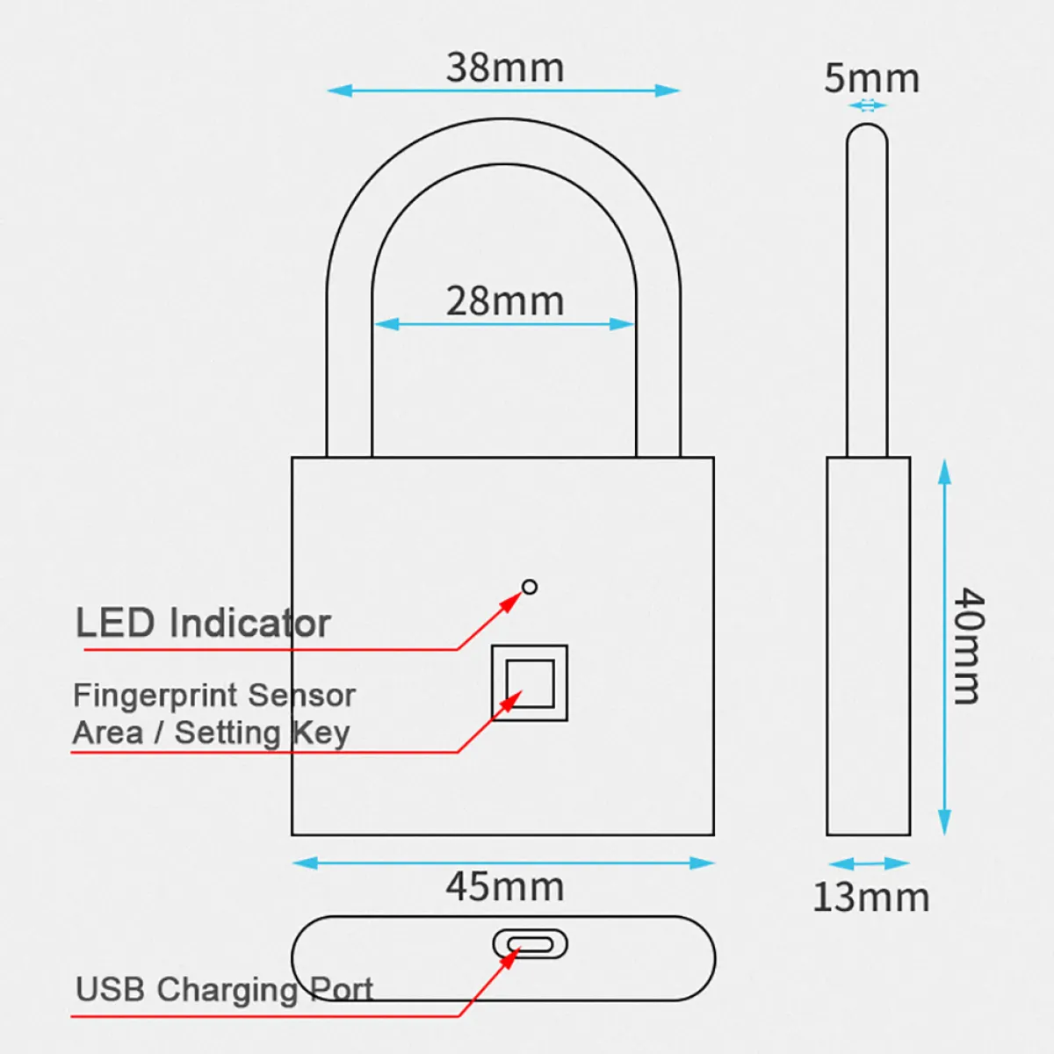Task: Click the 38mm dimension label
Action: coord(504,68)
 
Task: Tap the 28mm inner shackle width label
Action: coord(504,301)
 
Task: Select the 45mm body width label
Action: coord(504,886)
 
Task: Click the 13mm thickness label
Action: coord(870,897)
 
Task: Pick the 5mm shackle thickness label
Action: coord(871,78)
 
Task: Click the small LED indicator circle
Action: coord(529,587)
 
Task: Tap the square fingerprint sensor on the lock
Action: coord(530,683)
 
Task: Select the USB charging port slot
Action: coord(530,945)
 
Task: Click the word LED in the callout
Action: coord(114,623)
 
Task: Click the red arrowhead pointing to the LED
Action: coord(513,602)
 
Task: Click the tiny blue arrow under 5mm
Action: coord(868,105)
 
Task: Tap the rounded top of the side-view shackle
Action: coord(867,134)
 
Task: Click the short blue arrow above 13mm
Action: coord(869,863)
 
